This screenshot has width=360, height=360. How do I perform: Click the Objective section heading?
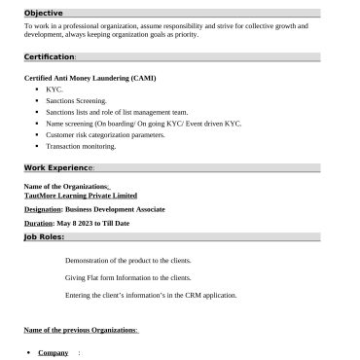point(44,14)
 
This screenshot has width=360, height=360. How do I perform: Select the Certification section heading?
point(50,56)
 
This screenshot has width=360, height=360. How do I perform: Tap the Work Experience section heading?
point(59,167)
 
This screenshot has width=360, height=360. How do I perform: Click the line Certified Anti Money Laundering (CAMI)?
point(90,78)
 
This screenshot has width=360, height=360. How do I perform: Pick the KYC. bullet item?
point(54,89)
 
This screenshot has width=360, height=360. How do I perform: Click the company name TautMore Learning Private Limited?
point(81,195)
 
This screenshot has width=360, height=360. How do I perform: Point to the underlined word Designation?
point(43,209)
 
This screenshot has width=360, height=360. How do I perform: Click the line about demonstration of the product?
point(127,261)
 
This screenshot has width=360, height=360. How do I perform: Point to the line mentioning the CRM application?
point(151,295)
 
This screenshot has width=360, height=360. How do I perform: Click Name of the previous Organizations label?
point(81,331)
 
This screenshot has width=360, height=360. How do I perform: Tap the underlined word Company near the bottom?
point(53,352)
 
